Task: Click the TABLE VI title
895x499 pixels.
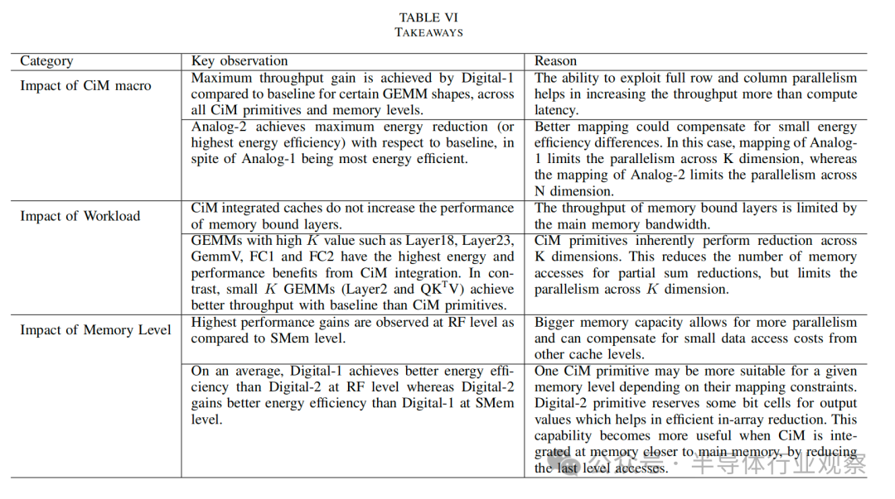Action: tap(428, 17)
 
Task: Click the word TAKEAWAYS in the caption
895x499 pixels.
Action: tap(428, 32)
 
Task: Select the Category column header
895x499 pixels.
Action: tap(46, 61)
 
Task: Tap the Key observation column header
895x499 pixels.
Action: tap(239, 61)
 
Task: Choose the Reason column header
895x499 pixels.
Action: tap(555, 61)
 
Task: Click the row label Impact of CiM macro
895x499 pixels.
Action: tap(85, 85)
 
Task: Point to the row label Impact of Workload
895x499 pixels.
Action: tap(80, 216)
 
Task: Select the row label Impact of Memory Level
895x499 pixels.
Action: tap(95, 330)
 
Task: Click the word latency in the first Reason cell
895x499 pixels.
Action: tap(555, 110)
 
